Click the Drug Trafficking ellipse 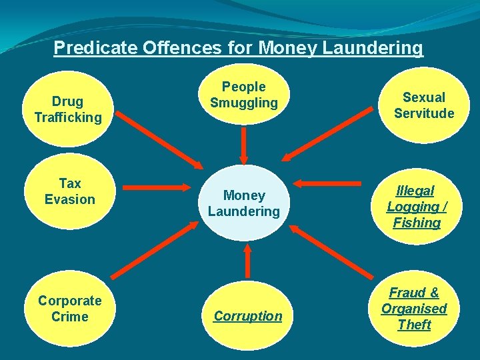pyautogui.click(x=68, y=109)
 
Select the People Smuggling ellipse pyautogui.click(x=244, y=95)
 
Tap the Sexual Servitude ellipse pyautogui.click(x=424, y=105)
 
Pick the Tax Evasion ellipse pyautogui.click(x=69, y=191)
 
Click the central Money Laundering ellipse pyautogui.click(x=244, y=203)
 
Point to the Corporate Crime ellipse pyautogui.click(x=69, y=308)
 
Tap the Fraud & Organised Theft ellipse pyautogui.click(x=414, y=309)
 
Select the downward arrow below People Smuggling pyautogui.click(x=245, y=145)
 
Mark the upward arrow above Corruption pyautogui.click(x=247, y=260)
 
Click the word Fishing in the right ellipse pyautogui.click(x=417, y=223)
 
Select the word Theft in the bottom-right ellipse pyautogui.click(x=414, y=325)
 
